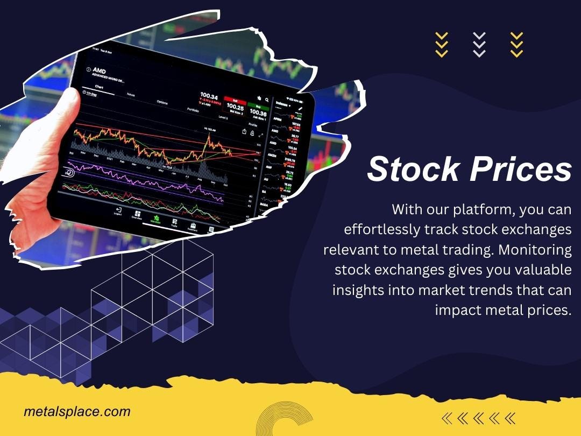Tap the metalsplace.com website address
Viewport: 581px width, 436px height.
[x=77, y=412]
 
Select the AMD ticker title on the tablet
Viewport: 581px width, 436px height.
[x=99, y=71]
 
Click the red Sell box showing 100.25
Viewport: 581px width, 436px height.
[x=235, y=107]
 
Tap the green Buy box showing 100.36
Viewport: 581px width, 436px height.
[x=258, y=110]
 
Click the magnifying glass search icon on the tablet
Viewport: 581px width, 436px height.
[x=267, y=100]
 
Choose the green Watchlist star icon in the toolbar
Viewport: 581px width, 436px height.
[x=156, y=219]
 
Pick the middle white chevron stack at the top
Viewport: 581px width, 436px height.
[x=479, y=44]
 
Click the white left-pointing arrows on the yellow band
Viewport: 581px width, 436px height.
[x=478, y=418]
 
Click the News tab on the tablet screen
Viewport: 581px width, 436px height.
[x=131, y=94]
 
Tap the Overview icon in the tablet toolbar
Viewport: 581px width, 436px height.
[x=137, y=214]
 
